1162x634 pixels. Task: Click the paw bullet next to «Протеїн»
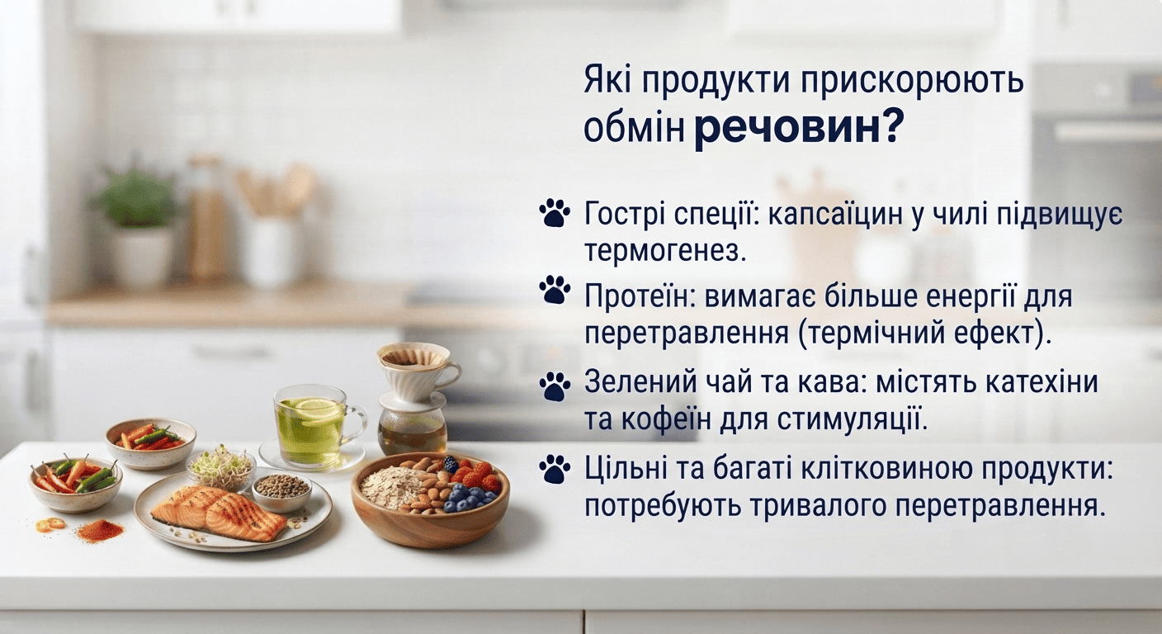click(555, 290)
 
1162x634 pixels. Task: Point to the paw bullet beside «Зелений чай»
click(555, 386)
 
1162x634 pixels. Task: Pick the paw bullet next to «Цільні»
click(555, 470)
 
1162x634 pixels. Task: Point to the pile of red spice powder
click(102, 532)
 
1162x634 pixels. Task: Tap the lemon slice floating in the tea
click(312, 409)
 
